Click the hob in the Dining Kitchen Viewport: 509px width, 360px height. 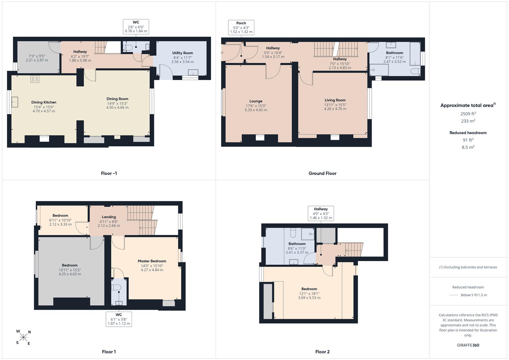(35, 79)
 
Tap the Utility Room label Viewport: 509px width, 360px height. (182, 53)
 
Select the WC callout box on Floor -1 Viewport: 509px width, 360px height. (136, 27)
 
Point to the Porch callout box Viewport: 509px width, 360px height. (241, 27)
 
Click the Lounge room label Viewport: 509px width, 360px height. (256, 101)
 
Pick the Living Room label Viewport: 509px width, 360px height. (335, 100)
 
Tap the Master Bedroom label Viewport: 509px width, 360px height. (152, 261)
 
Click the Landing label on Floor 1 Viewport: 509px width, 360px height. (109, 217)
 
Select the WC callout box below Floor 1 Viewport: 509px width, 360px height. (119, 319)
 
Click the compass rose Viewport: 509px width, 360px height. (23, 337)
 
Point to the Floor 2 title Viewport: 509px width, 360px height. (322, 352)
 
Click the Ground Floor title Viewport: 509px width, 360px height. (322, 173)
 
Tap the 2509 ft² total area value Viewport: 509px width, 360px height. (468, 114)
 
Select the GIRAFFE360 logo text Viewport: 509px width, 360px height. (468, 345)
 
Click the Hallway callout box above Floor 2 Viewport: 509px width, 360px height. (321, 213)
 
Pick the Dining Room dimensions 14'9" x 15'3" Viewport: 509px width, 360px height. (117, 103)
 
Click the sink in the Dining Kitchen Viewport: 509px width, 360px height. (15, 102)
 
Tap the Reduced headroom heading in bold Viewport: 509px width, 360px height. (468, 133)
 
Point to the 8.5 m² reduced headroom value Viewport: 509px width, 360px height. (468, 147)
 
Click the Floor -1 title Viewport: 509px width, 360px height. (109, 173)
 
